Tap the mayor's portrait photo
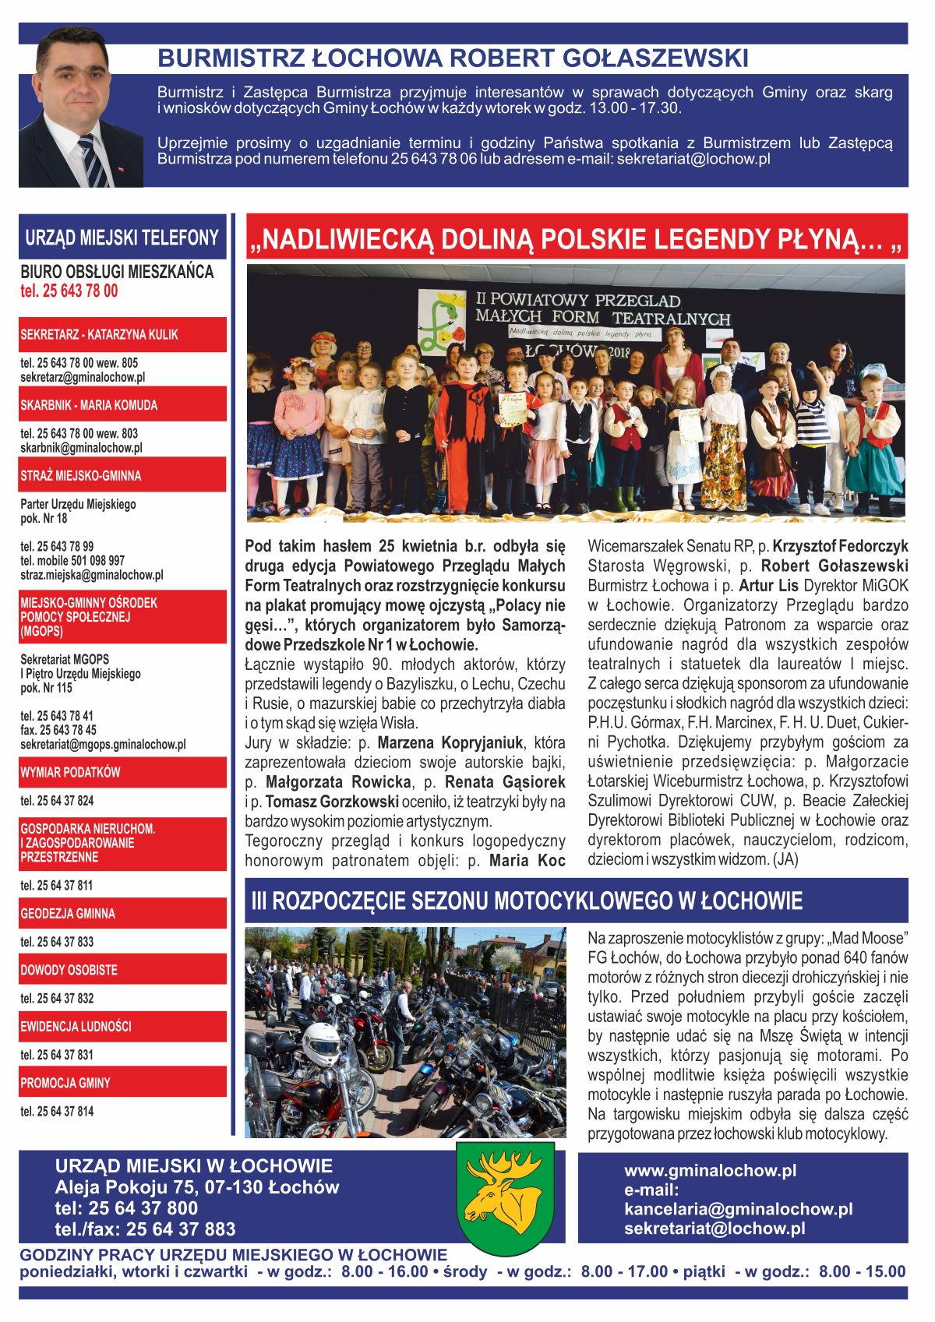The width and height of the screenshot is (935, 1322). click(x=81, y=108)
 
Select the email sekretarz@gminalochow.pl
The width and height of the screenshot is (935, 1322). click(x=83, y=377)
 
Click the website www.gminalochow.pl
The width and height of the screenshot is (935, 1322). click(x=710, y=1170)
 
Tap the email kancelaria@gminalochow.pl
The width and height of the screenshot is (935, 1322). click(x=738, y=1209)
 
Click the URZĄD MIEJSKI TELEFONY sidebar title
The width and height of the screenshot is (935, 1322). click(x=122, y=238)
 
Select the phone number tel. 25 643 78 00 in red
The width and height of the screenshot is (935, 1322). click(x=69, y=291)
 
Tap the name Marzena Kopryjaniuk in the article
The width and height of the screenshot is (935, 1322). click(x=450, y=742)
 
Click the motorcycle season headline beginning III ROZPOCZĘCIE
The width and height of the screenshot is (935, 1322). click(x=527, y=901)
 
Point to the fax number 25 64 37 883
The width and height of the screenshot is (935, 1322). click(x=181, y=1229)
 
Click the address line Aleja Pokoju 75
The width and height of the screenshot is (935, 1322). click(x=197, y=1187)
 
